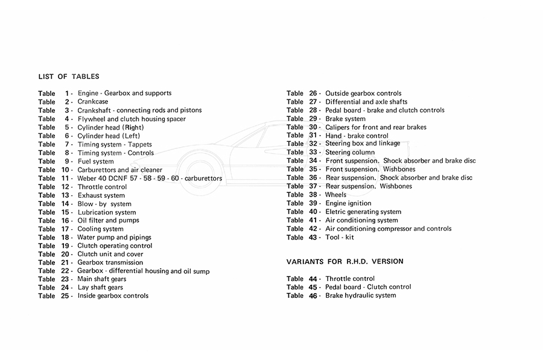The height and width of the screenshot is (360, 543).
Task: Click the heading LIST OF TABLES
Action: [69, 77]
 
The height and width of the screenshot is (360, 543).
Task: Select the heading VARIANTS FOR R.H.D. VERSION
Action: [345, 262]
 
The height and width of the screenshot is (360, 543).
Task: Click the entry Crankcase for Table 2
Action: [92, 102]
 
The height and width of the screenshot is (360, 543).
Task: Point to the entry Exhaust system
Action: [101, 195]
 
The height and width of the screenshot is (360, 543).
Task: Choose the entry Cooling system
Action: [101, 229]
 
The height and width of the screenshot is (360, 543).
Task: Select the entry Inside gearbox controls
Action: [113, 296]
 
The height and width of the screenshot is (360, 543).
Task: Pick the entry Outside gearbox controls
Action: [363, 93]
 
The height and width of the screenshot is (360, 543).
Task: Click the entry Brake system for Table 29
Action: [345, 119]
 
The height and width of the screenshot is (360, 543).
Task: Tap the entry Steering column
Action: [350, 153]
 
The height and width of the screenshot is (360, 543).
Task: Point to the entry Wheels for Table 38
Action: [336, 195]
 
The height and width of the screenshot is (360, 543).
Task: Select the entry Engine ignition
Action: [348, 203]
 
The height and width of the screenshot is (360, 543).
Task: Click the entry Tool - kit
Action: [340, 238]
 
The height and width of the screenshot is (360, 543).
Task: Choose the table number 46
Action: [313, 295]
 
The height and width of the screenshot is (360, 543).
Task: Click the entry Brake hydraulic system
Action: [361, 295]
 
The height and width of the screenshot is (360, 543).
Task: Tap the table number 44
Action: [313, 279]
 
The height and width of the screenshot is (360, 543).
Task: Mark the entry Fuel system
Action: [96, 162]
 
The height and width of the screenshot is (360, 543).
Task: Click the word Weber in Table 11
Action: [87, 178]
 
